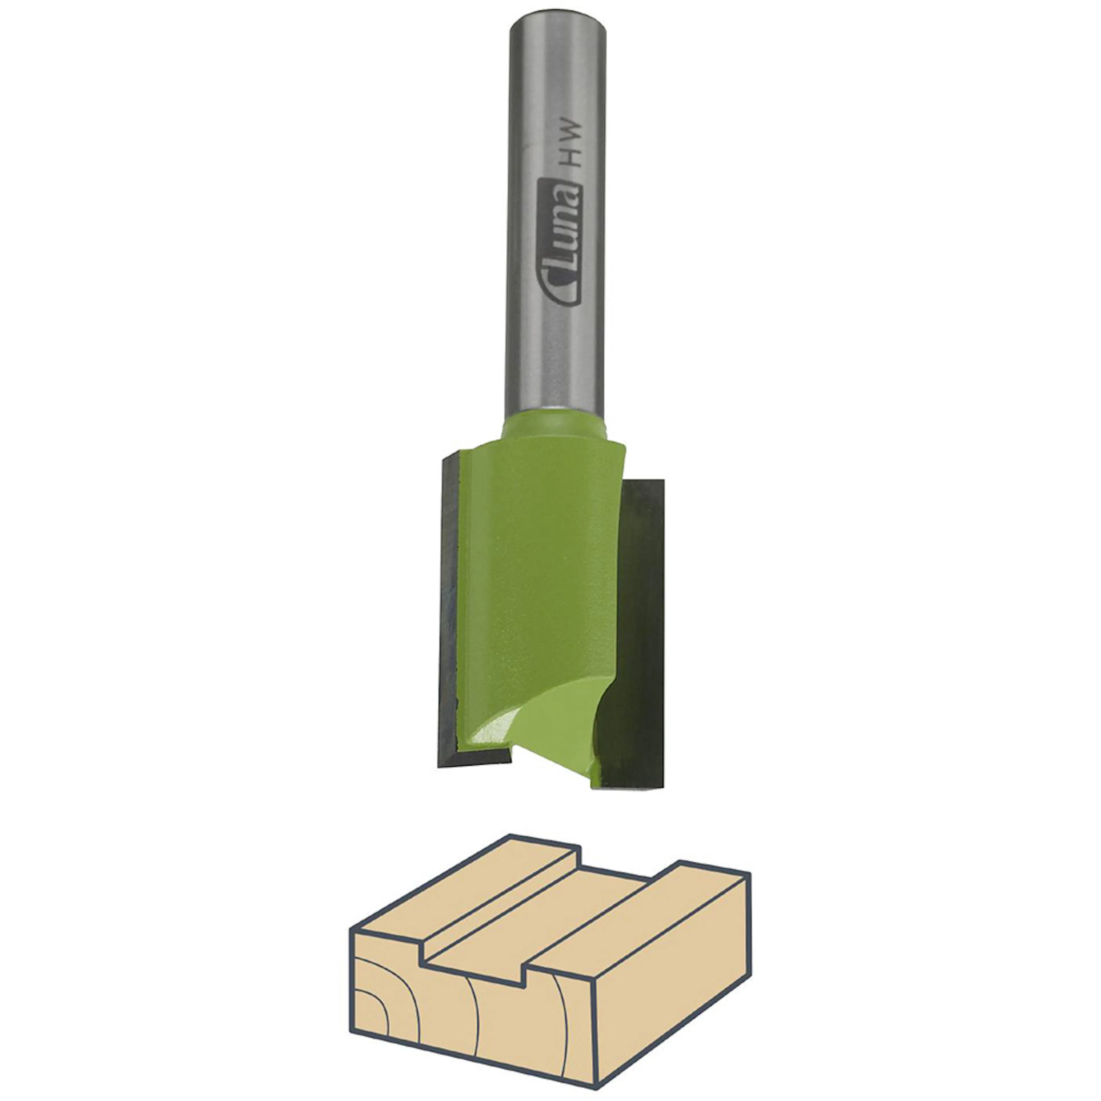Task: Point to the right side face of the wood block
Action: click(x=672, y=986)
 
